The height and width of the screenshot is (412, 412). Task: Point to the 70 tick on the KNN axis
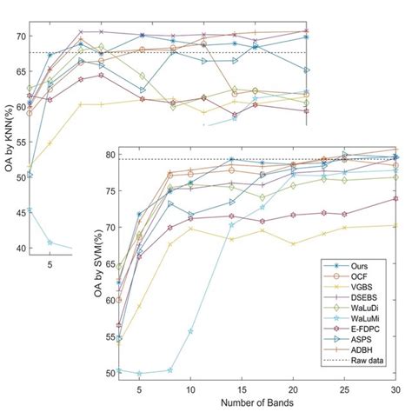[19, 37]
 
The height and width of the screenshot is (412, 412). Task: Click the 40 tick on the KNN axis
[19, 248]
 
